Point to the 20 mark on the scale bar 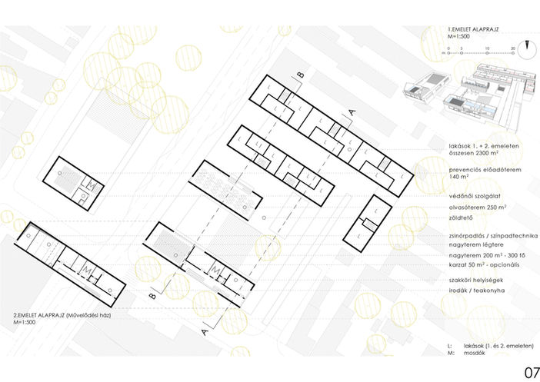512,48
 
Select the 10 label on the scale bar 479,48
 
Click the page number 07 531,372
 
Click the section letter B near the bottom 152,294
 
